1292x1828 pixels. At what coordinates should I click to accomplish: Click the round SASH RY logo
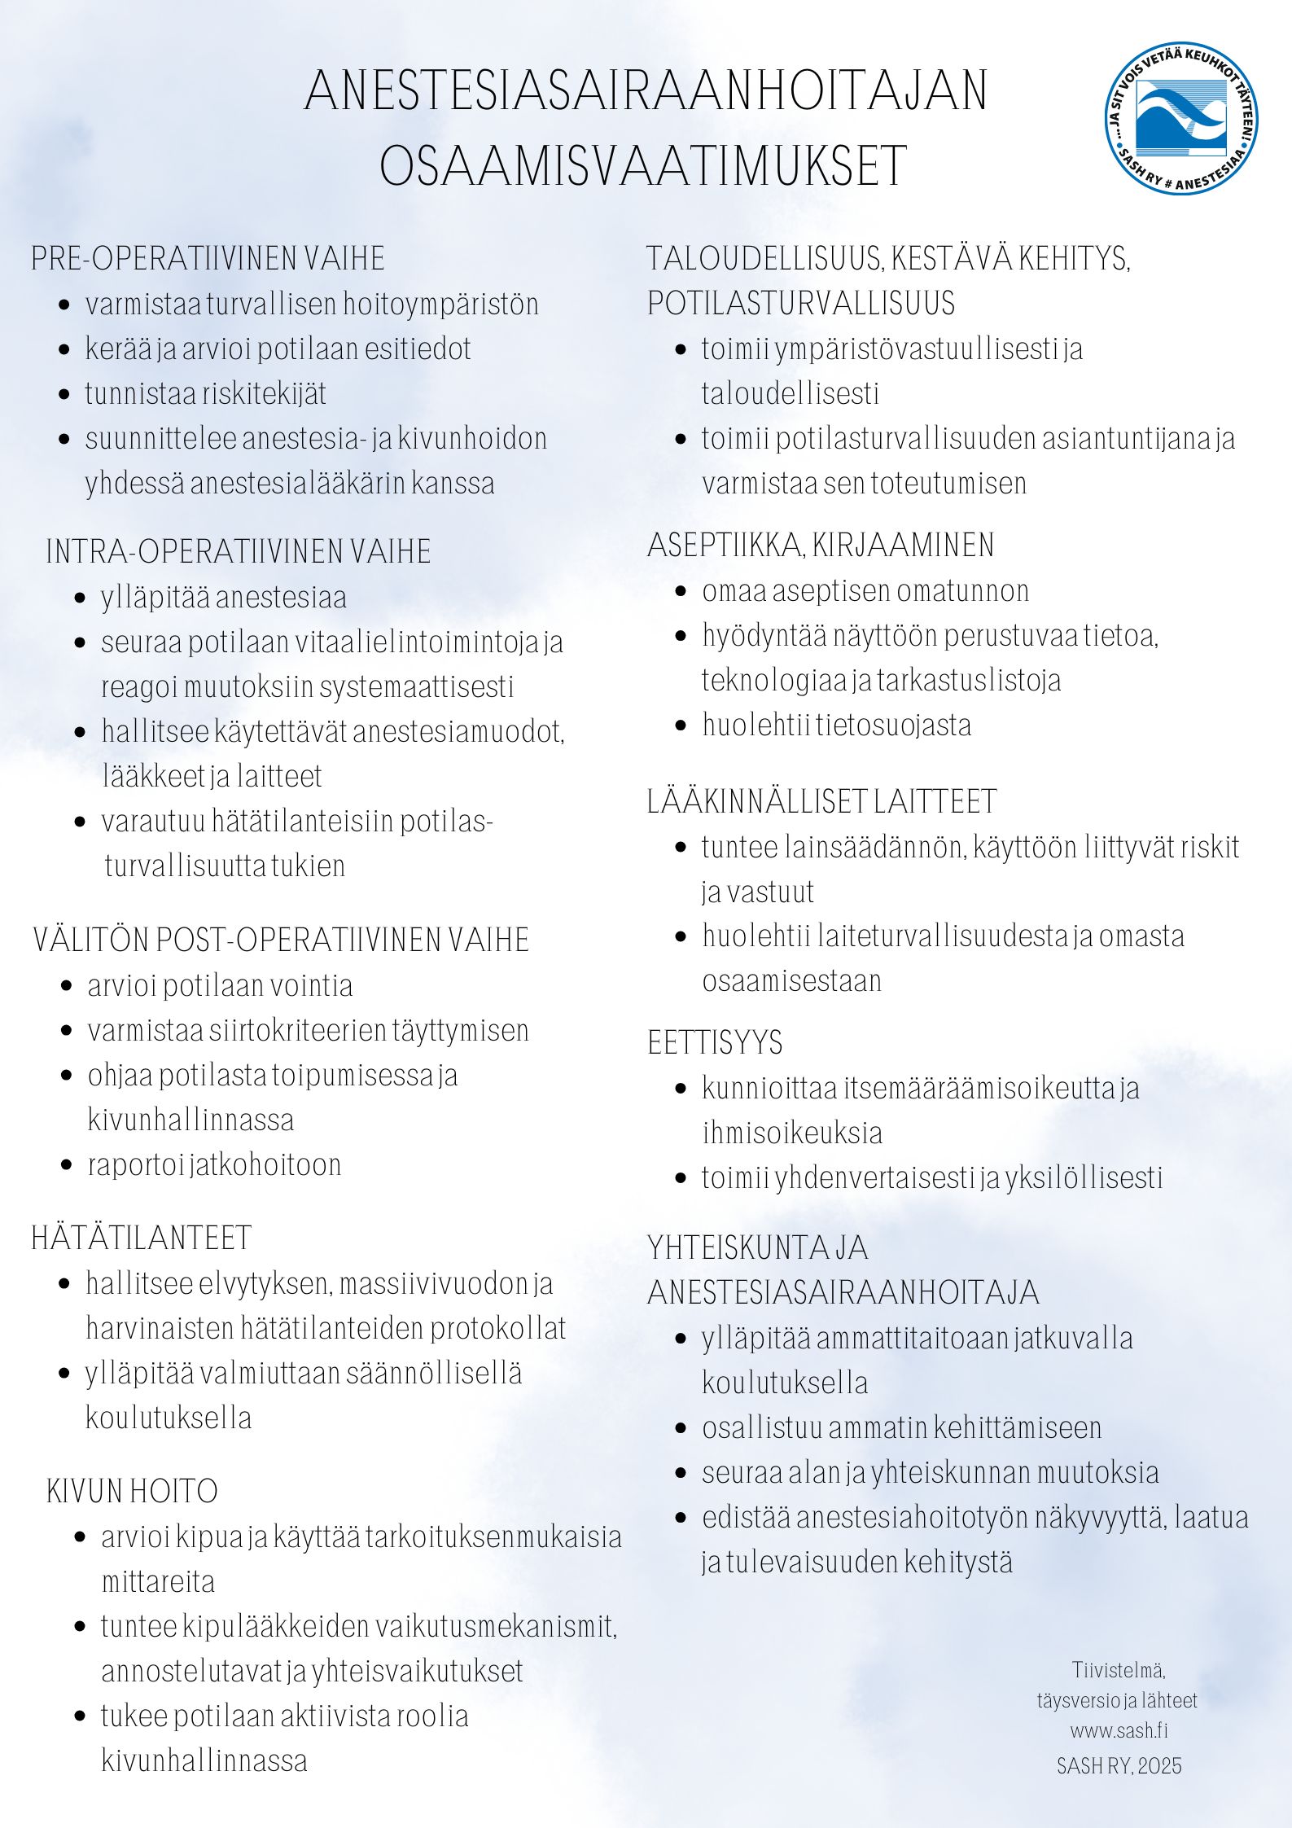tap(1181, 119)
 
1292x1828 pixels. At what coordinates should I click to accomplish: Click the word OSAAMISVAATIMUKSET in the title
tap(643, 166)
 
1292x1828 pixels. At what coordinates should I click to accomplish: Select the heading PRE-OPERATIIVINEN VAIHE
tap(208, 258)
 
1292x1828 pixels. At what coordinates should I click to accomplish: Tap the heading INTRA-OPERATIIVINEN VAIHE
tap(239, 551)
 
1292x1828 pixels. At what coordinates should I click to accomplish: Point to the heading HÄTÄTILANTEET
tap(142, 1238)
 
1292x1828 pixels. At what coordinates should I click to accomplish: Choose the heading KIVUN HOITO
tap(132, 1491)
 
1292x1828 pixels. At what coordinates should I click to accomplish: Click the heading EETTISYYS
tap(715, 1043)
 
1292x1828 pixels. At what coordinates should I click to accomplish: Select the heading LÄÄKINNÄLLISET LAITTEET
tap(821, 801)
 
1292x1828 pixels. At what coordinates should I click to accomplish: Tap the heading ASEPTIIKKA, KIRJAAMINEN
tap(821, 545)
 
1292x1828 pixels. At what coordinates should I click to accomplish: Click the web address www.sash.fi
tap(1119, 1730)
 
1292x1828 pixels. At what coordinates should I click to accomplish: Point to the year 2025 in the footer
tap(1160, 1765)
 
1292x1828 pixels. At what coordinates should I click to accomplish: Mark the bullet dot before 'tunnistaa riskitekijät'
tap(65, 395)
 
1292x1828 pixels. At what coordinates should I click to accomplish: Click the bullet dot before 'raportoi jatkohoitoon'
tap(68, 1165)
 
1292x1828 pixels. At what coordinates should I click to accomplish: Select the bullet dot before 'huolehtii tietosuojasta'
tap(682, 726)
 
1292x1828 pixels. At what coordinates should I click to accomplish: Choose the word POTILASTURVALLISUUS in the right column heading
tap(801, 303)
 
